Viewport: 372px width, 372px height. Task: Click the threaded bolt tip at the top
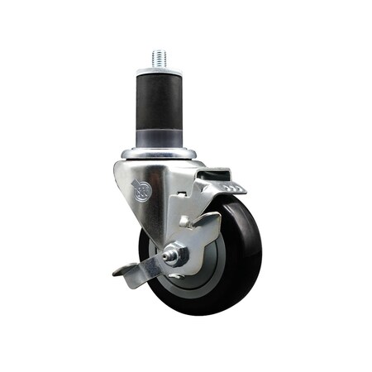[158, 58]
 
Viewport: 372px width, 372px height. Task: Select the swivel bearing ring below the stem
[159, 154]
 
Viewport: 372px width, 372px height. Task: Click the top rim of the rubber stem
[158, 72]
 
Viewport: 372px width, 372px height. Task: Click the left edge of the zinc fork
[116, 178]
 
